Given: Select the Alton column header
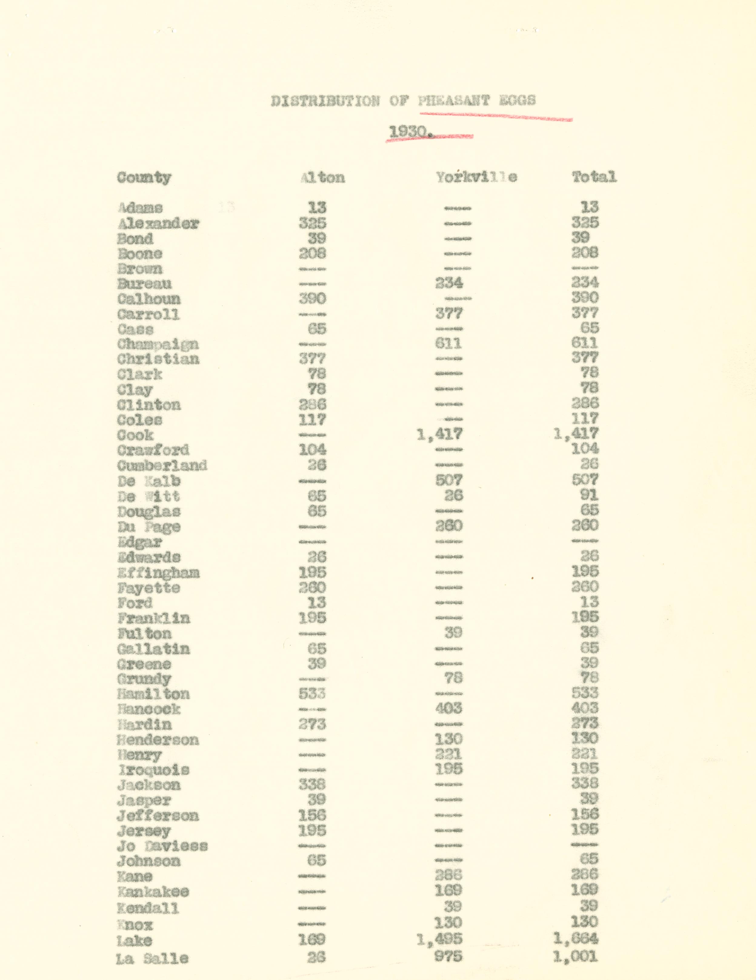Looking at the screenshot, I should click(x=322, y=177).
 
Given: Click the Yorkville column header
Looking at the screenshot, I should click(x=476, y=177).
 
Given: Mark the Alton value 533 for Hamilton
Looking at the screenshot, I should click(x=312, y=694).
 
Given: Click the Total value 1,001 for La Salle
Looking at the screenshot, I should click(x=575, y=956).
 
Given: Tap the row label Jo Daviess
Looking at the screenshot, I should click(x=162, y=846).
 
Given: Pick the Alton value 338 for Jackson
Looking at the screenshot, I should click(x=312, y=784).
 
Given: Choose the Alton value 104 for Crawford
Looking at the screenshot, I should click(x=312, y=450).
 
